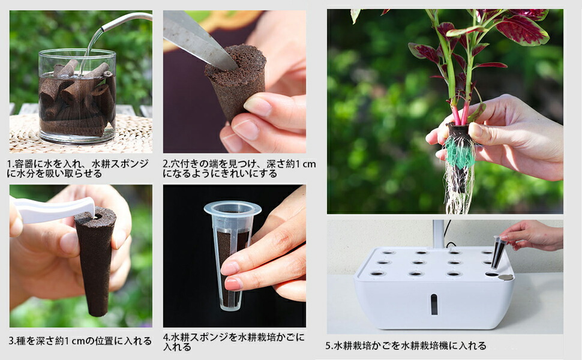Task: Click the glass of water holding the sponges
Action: point(77,97)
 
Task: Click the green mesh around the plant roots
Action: point(460,152)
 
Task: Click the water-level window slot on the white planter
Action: point(434,304)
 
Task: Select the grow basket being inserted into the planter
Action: point(498,253)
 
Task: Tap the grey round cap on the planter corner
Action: point(506,277)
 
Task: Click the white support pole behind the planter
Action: point(439,234)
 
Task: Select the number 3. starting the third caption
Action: point(13,341)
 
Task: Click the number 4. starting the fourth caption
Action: point(167,337)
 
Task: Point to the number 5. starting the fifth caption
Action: point(329,346)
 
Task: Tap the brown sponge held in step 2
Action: point(236,82)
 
